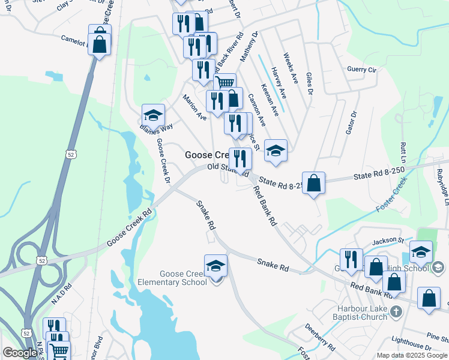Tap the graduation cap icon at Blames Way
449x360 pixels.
click(x=153, y=115)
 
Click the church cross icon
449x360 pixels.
click(x=396, y=311)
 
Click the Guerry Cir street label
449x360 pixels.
click(x=361, y=70)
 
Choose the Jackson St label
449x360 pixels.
click(x=388, y=240)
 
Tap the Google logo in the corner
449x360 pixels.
click(x=20, y=353)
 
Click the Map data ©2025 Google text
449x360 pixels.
click(x=412, y=355)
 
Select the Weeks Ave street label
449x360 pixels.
click(x=291, y=67)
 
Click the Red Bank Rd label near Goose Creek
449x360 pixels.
click(x=265, y=206)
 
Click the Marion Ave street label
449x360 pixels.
click(x=194, y=107)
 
